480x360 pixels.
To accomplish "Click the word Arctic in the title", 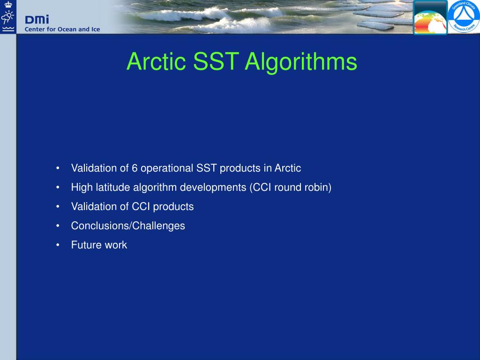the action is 156,61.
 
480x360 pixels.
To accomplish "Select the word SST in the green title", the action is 216,61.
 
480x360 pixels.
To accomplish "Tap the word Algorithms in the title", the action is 301,62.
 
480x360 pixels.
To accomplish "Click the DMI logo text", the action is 37,20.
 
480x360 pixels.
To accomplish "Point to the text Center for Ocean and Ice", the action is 62,30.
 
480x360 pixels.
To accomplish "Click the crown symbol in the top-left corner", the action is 8,4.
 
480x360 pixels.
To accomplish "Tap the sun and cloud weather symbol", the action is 7,17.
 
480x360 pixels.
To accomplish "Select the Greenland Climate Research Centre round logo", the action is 464,16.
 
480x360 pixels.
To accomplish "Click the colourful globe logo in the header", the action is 430,17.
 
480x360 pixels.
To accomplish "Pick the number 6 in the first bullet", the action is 135,168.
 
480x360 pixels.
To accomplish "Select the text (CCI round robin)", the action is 291,187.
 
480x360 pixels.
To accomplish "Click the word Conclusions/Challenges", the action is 128,226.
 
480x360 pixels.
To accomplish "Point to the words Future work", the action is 99,245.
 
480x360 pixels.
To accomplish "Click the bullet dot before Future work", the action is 58,245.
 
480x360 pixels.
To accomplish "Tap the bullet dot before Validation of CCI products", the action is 58,207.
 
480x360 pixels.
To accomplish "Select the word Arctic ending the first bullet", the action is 288,168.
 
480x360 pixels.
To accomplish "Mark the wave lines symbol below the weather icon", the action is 8,29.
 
